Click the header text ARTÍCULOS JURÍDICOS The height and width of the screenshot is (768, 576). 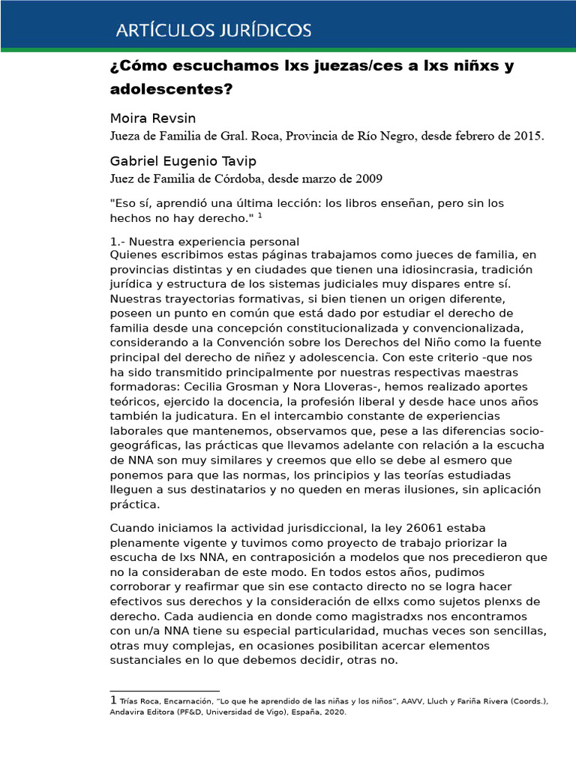213,31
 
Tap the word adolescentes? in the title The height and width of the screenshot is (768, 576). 172,89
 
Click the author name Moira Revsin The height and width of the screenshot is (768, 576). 154,119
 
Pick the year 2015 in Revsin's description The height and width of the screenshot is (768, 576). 528,136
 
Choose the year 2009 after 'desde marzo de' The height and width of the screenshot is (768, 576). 368,178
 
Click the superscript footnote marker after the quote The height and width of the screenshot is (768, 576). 260,216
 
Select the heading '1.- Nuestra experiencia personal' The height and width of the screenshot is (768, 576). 204,241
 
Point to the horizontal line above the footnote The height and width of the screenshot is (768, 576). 164,691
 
